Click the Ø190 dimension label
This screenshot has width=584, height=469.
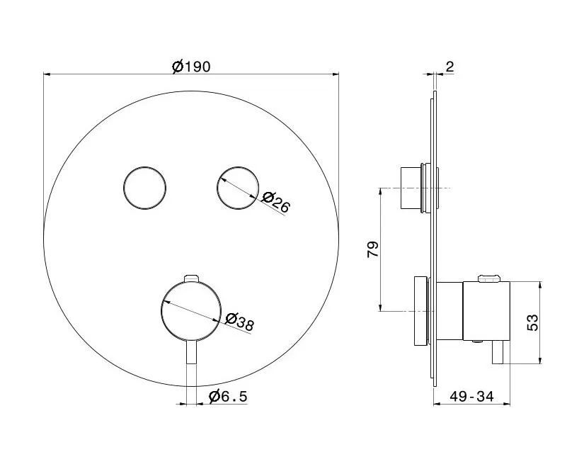(191, 67)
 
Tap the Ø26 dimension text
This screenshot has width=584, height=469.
(275, 202)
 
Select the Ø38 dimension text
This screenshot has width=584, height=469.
(240, 321)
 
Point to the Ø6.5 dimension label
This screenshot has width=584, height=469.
(229, 396)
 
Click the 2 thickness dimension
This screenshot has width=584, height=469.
(450, 67)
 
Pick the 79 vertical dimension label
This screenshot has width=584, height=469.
(373, 249)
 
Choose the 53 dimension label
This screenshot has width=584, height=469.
(532, 322)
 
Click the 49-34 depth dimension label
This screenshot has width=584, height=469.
(471, 396)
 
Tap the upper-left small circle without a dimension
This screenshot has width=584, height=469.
(144, 188)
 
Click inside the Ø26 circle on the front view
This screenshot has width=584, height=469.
(238, 188)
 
